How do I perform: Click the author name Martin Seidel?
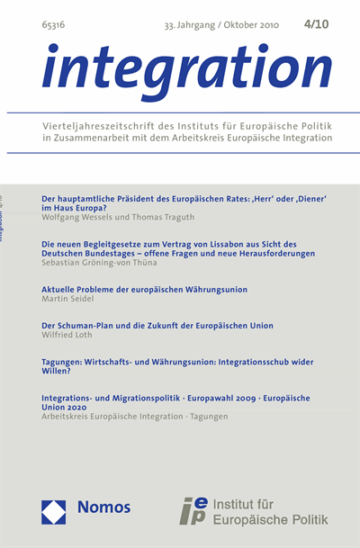pos(67,301)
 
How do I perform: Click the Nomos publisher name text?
pos(103,508)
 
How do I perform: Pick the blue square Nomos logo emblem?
pos(57,508)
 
